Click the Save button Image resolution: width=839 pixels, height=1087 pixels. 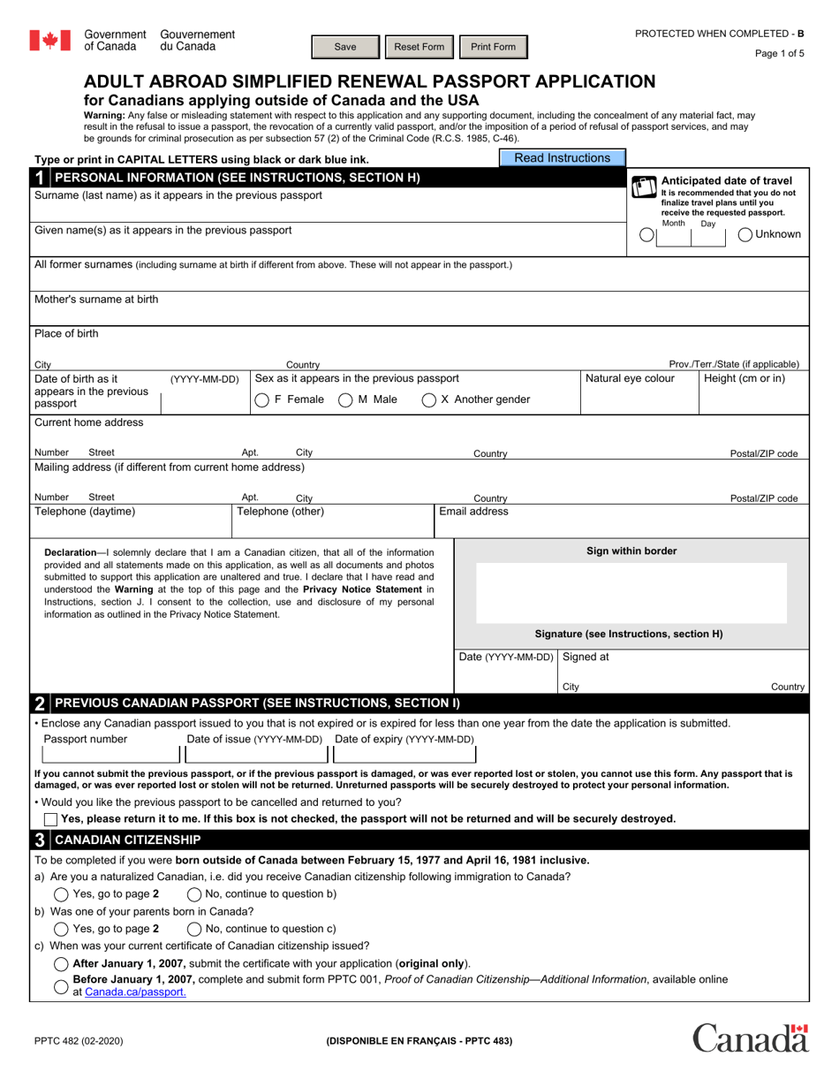tap(345, 47)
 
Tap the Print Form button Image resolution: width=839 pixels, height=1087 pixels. tap(494, 47)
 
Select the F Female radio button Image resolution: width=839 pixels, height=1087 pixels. tap(262, 400)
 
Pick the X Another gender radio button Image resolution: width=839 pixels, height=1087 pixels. tap(429, 400)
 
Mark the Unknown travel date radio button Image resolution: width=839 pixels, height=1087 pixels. tap(745, 234)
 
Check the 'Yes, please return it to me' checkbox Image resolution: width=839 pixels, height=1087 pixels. tap(50, 819)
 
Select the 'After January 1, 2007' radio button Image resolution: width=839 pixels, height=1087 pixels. tap(62, 963)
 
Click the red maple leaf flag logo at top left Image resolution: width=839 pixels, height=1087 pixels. tap(49, 41)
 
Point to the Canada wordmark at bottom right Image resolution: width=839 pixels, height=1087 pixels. tap(751, 1038)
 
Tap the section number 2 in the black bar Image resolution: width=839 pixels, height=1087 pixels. tap(40, 704)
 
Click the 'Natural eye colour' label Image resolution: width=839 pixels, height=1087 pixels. tap(630, 379)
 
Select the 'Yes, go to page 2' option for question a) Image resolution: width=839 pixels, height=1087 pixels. tap(62, 893)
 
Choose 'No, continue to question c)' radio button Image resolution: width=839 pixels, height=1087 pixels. tap(194, 929)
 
